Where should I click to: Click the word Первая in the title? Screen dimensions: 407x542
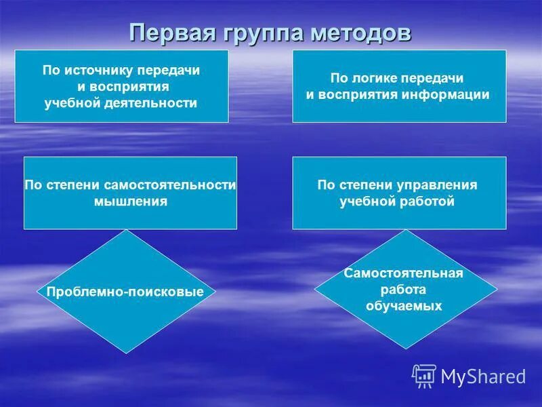coord(170,32)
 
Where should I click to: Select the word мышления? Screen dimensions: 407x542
coord(130,201)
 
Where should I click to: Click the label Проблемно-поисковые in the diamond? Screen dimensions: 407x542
coord(125,292)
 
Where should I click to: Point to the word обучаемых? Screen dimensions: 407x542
coord(404,306)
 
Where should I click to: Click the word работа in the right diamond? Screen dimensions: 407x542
coord(404,290)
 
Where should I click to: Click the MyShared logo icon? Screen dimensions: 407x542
coord(424,376)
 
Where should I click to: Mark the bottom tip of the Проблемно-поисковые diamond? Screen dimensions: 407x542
coord(125,353)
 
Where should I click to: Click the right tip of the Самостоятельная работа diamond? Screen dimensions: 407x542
coord(497,289)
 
